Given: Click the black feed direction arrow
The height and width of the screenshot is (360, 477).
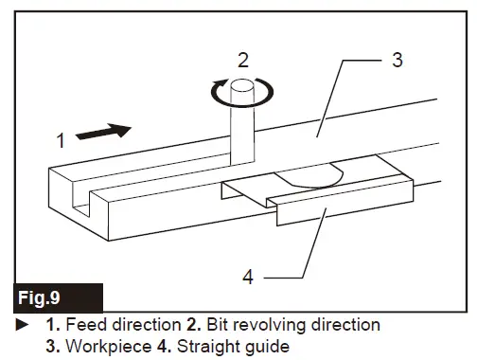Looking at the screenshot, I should pyautogui.click(x=102, y=133).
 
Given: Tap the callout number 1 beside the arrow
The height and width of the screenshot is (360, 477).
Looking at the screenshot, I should pyautogui.click(x=59, y=142).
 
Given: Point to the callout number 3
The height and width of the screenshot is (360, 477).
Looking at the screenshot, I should pyautogui.click(x=397, y=61).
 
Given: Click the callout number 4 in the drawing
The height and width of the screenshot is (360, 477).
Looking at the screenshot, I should pyautogui.click(x=247, y=279).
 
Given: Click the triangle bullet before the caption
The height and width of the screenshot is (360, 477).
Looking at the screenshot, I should pyautogui.click(x=21, y=325).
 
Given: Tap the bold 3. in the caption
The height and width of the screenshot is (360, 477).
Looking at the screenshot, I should pyautogui.click(x=52, y=345).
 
